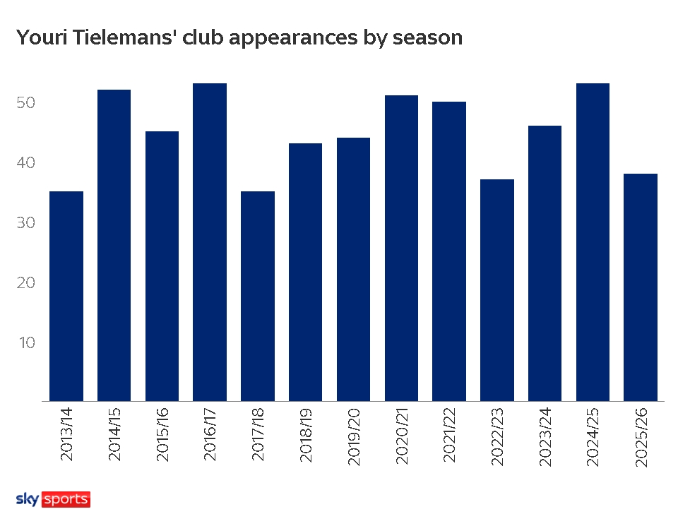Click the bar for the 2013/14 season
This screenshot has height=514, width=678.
pyautogui.click(x=66, y=296)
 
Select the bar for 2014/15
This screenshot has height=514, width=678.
pyautogui.click(x=114, y=246)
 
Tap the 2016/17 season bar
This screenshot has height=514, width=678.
pyautogui.click(x=210, y=242)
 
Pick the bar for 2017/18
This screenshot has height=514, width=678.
pyautogui.click(x=258, y=296)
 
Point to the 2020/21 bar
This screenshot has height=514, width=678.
pyautogui.click(x=401, y=248)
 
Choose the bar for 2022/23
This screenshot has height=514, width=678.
pyautogui.click(x=497, y=290)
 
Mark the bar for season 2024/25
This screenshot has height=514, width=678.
pyautogui.click(x=593, y=242)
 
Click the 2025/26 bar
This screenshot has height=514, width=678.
pyautogui.click(x=641, y=287)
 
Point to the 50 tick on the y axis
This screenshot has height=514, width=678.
pyautogui.click(x=26, y=102)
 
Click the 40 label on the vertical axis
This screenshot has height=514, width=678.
pyautogui.click(x=26, y=162)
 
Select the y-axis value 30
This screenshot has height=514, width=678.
pyautogui.click(x=26, y=222)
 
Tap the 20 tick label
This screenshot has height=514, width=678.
pyautogui.click(x=26, y=282)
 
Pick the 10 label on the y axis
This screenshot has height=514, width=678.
pyautogui.click(x=27, y=343)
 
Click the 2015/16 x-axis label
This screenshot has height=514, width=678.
pyautogui.click(x=162, y=434)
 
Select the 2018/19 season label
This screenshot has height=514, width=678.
pyautogui.click(x=306, y=434)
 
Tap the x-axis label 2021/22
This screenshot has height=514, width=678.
pyautogui.click(x=449, y=435)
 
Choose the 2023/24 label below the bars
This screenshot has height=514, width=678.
pyautogui.click(x=545, y=436)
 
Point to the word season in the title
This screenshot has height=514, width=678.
pyautogui.click(x=428, y=38)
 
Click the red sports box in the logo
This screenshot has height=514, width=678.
pyautogui.click(x=66, y=499)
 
